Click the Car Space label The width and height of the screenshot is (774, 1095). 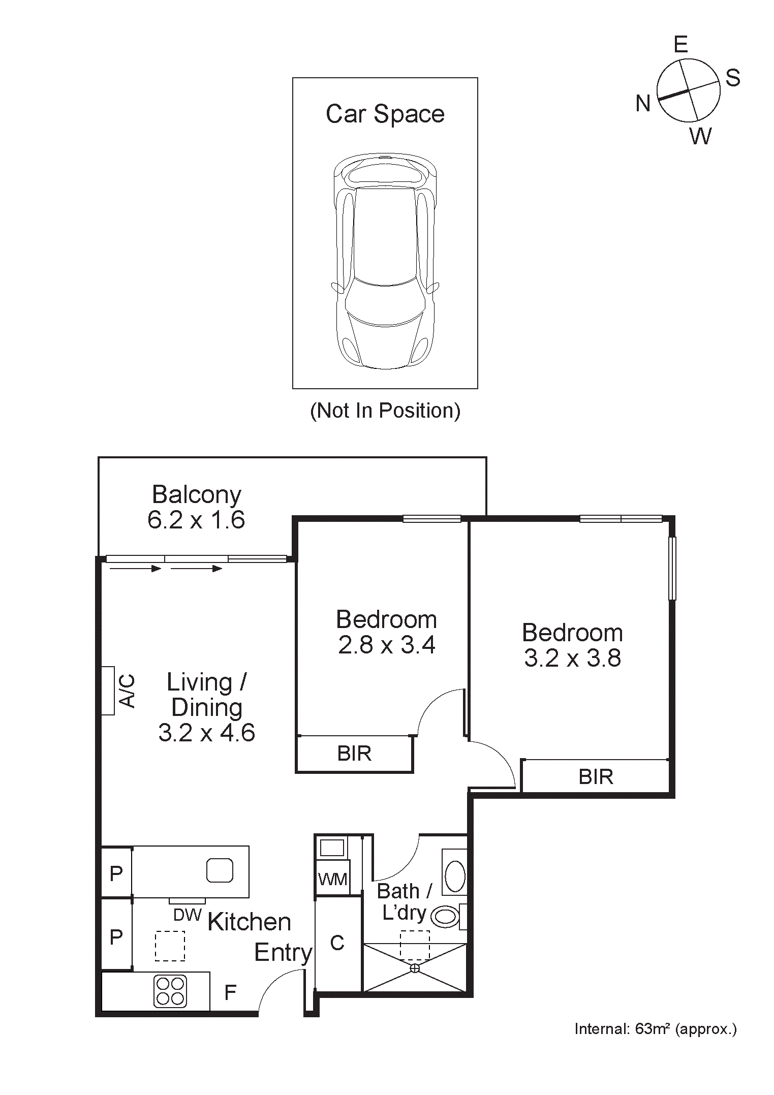(385, 114)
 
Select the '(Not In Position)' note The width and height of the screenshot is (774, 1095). (385, 411)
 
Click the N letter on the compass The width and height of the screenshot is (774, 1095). (643, 104)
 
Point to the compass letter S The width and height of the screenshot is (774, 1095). (732, 78)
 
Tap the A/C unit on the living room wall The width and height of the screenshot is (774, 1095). (108, 691)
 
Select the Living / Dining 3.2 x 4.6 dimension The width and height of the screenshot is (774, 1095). (206, 733)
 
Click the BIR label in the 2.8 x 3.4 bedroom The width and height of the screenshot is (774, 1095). (354, 754)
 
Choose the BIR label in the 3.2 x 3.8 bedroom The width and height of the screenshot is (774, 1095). (596, 777)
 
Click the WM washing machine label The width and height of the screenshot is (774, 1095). (332, 879)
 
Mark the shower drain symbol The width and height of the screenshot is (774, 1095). (415, 968)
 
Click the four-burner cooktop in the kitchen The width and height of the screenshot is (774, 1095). (170, 991)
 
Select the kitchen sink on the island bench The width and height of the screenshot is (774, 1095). (220, 870)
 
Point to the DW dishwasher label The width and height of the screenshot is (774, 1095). (188, 915)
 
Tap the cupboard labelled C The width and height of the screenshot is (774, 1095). (337, 943)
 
